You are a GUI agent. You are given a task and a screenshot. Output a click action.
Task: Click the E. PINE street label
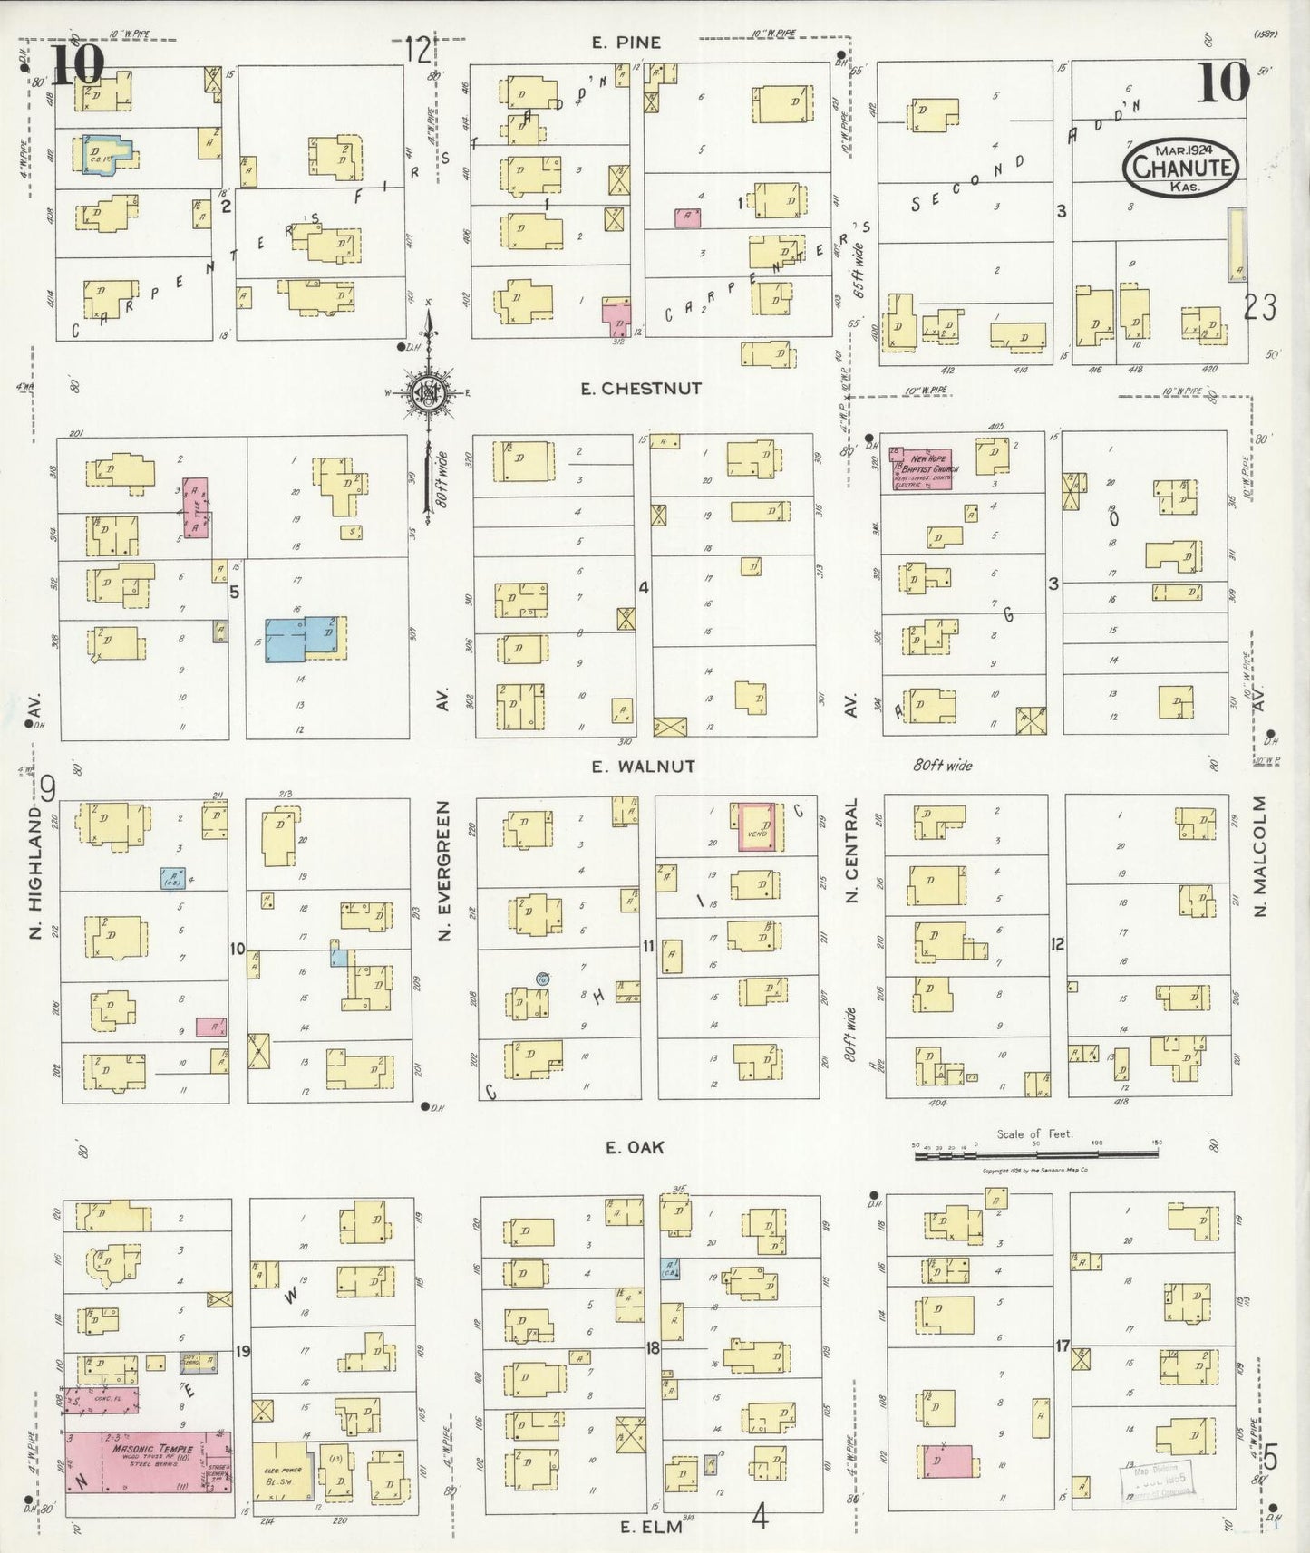point(626,43)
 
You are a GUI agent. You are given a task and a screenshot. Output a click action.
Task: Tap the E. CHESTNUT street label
point(641,389)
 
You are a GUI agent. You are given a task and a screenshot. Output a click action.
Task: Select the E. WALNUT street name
point(643,767)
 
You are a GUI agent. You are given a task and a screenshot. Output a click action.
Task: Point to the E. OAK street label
point(635,1147)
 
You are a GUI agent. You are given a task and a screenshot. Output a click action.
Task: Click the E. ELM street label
point(650,1527)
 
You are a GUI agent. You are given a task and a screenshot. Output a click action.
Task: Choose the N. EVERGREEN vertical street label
point(444,870)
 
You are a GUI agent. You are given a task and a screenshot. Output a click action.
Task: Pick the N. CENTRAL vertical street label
point(851,852)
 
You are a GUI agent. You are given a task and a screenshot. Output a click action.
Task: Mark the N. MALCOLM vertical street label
point(1260,856)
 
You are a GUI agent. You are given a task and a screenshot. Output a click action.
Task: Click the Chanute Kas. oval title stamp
point(1179,168)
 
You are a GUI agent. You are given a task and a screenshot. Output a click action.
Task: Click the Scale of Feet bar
point(1034,1151)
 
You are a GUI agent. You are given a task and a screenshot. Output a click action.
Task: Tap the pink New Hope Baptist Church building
point(922,468)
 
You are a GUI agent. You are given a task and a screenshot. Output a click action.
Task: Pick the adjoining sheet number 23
point(1261,308)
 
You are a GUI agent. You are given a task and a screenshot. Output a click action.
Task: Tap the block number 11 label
point(648,947)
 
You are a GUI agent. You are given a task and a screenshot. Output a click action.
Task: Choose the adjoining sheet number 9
point(47,790)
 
